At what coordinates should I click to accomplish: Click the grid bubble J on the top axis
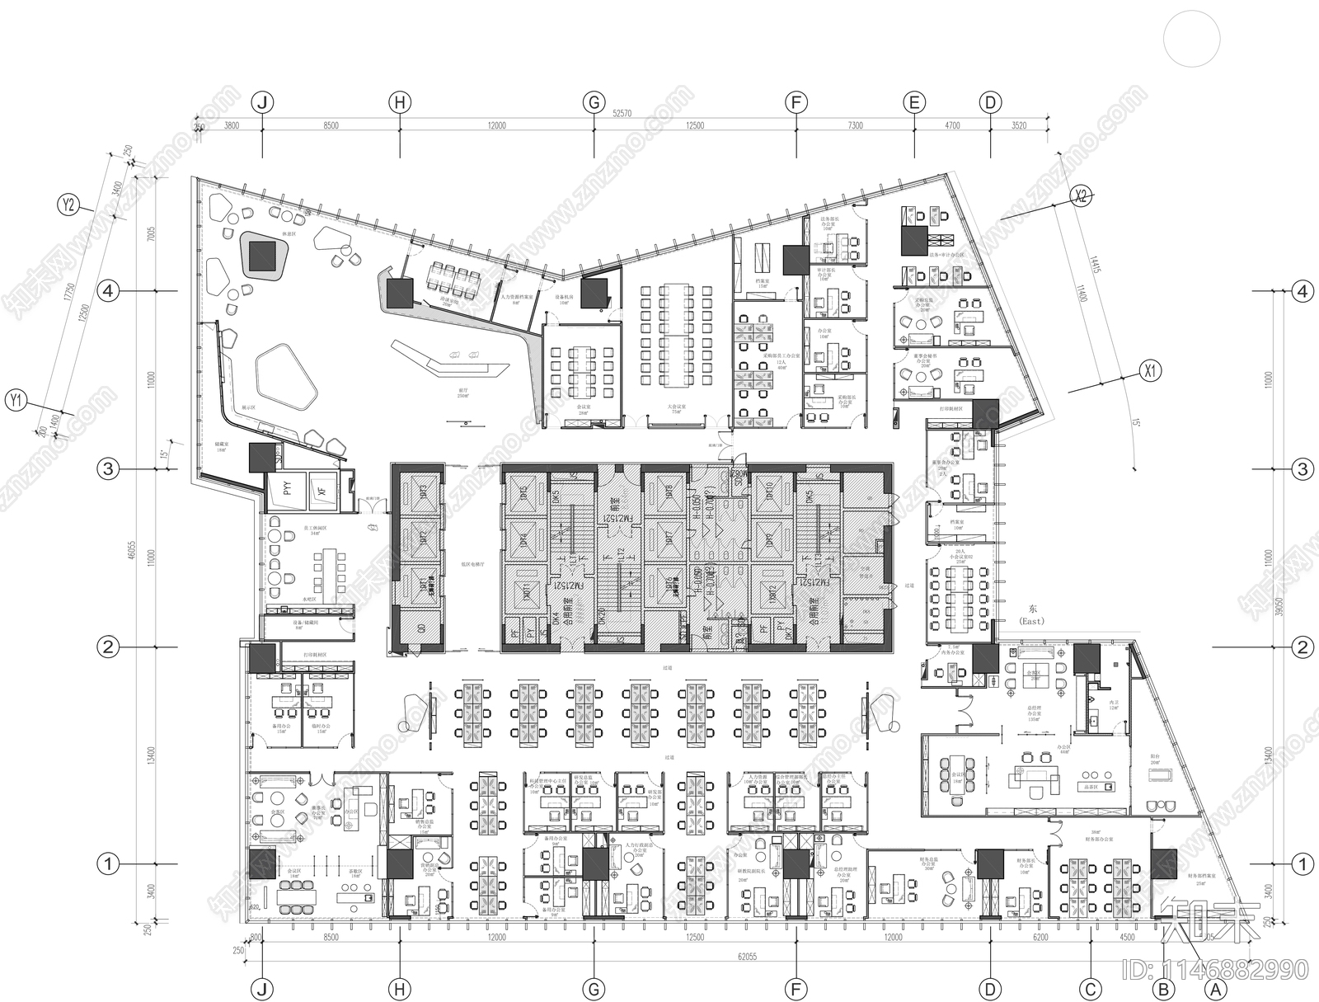click(x=262, y=103)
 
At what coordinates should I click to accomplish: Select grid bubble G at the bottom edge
click(x=594, y=989)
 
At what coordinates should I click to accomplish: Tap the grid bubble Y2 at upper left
click(x=69, y=205)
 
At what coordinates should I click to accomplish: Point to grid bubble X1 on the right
click(x=1150, y=371)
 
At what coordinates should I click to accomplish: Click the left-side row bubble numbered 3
click(x=108, y=469)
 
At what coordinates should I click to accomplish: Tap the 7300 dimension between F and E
click(x=856, y=126)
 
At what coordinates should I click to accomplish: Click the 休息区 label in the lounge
click(x=289, y=234)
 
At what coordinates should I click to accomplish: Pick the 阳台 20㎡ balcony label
click(x=1154, y=763)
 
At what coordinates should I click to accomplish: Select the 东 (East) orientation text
click(x=1032, y=614)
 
